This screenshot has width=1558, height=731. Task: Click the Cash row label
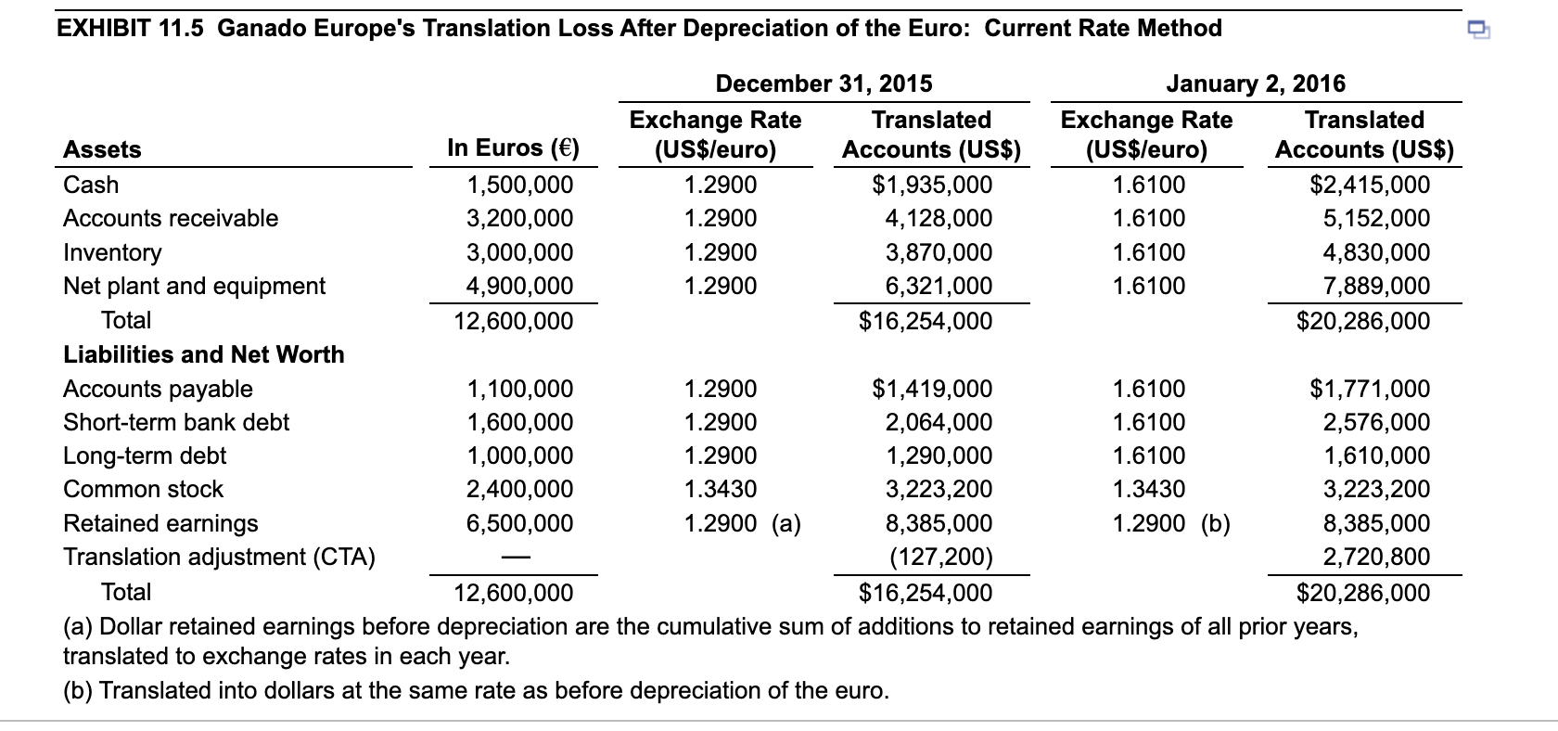pyautogui.click(x=91, y=185)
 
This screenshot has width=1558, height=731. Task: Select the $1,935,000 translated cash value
pyautogui.click(x=932, y=185)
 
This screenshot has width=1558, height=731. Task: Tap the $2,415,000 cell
pyautogui.click(x=1369, y=185)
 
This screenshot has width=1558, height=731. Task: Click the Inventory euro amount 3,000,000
pyautogui.click(x=519, y=252)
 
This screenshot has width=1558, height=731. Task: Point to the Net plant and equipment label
pyautogui.click(x=194, y=286)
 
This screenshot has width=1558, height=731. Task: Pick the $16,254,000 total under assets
pyautogui.click(x=925, y=321)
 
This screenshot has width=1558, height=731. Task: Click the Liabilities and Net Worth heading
pyautogui.click(x=203, y=354)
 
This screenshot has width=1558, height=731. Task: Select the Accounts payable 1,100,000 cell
pyautogui.click(x=519, y=389)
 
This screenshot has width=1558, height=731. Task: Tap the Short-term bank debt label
pyautogui.click(x=176, y=422)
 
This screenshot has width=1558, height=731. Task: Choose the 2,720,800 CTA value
pyautogui.click(x=1376, y=557)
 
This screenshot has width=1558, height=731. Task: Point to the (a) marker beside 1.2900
pyautogui.click(x=786, y=523)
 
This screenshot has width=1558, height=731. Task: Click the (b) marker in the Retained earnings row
pyautogui.click(x=1216, y=523)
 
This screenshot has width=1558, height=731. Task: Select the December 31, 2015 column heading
pyautogui.click(x=824, y=83)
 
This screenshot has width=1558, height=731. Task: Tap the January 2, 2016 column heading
pyautogui.click(x=1256, y=83)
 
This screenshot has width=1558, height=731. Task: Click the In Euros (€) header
pyautogui.click(x=513, y=147)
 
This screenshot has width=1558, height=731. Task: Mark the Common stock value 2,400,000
pyautogui.click(x=519, y=489)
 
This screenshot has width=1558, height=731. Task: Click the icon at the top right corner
pyautogui.click(x=1478, y=32)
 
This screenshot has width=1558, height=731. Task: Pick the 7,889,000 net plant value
pyautogui.click(x=1376, y=286)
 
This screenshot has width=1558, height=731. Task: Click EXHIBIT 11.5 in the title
pyautogui.click(x=132, y=29)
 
